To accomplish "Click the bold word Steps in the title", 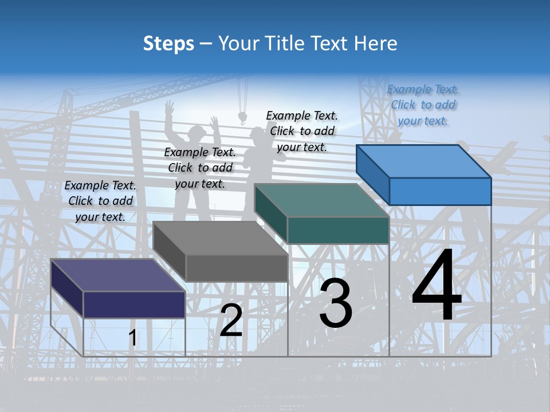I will tap(168, 43).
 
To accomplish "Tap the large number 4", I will tap(437, 286).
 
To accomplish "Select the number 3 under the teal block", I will tap(336, 303).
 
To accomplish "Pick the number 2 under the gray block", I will tap(231, 320).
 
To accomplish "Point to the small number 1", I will tap(132, 338).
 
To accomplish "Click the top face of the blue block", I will tap(423, 161).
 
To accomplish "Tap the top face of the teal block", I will tap(321, 200).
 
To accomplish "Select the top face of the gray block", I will tap(220, 238).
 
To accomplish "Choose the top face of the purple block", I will tap(118, 275).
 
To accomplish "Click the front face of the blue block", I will tap(440, 191).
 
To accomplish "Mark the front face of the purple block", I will tap(134, 304).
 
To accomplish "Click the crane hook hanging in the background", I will tap(242, 117).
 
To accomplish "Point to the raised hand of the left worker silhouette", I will tap(169, 108).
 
